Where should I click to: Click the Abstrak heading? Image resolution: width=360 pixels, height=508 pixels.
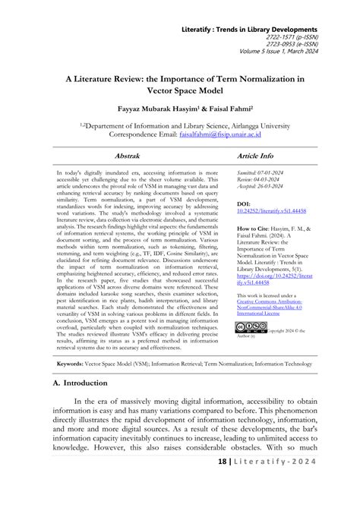click(x=127, y=154)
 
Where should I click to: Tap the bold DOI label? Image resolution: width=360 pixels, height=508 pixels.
click(x=244, y=204)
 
